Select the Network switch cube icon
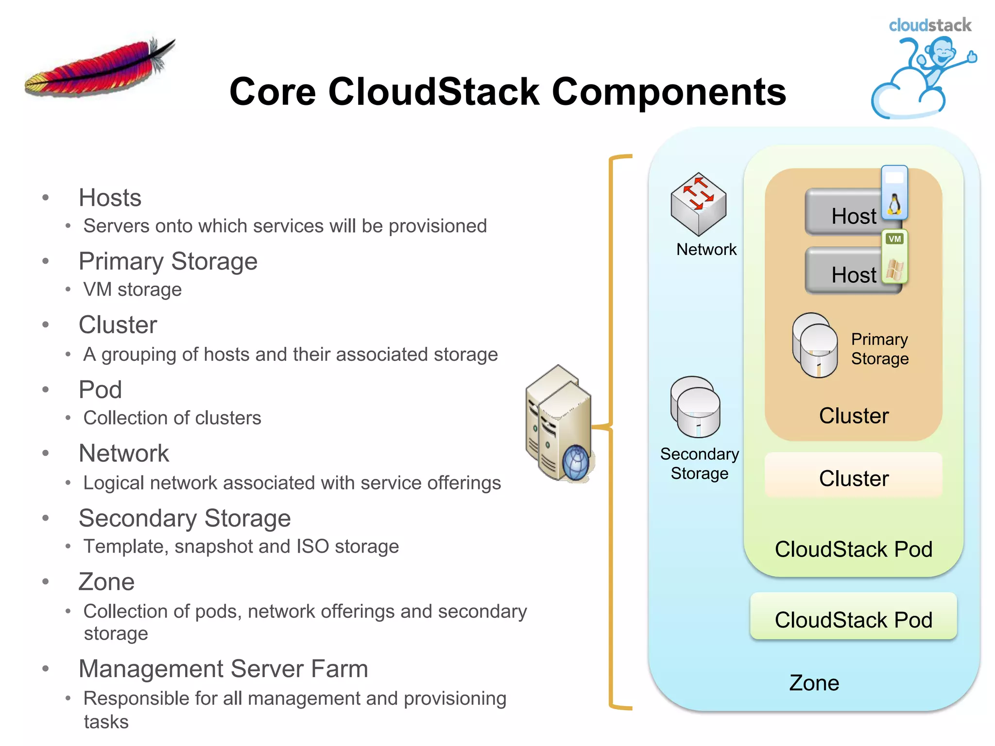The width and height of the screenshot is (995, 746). pos(698,204)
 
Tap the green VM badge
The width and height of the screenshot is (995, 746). pos(894,239)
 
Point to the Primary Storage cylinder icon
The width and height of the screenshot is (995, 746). pos(815,346)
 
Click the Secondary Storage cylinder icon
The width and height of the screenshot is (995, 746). pos(695,407)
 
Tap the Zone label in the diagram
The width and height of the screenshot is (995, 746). pos(814,683)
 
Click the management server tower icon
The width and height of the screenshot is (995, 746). pos(559,423)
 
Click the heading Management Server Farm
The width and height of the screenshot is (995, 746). pos(223,668)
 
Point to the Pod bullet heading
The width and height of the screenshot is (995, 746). pos(100,390)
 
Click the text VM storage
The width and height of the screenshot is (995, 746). pos(132,289)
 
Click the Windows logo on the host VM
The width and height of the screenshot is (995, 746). pos(894,270)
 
